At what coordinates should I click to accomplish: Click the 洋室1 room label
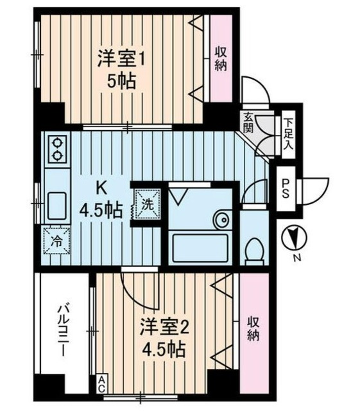tap(123, 58)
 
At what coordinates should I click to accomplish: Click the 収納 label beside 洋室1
tap(220, 58)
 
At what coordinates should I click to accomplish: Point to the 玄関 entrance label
tap(248, 122)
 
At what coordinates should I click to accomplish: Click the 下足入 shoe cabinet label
tap(289, 132)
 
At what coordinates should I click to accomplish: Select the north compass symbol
tap(293, 238)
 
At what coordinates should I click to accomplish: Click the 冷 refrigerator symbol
tap(56, 242)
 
